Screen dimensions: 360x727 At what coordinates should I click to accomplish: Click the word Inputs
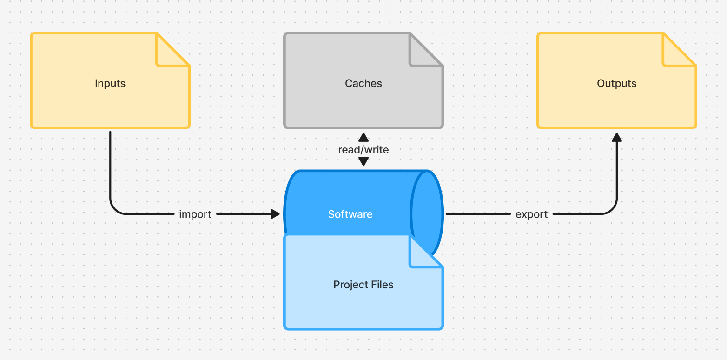[x=110, y=84]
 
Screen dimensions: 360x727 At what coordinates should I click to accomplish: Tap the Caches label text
[x=363, y=84]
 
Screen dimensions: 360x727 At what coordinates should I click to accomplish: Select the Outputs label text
[x=616, y=84]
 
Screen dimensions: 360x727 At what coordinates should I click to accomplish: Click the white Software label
[x=350, y=214]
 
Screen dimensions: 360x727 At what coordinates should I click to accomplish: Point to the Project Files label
[x=363, y=285]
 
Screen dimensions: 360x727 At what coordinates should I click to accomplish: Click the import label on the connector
[x=195, y=214]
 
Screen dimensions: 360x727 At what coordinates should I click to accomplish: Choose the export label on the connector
[x=532, y=214]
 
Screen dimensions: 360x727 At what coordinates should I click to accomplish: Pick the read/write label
[x=363, y=150]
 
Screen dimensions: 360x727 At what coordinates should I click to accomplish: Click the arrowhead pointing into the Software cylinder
[x=276, y=214]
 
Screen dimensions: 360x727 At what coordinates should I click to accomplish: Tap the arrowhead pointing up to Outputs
[x=617, y=137]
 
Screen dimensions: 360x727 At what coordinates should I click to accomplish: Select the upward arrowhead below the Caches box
[x=363, y=137]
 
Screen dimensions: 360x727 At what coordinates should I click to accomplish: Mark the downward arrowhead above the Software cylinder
[x=363, y=161]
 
